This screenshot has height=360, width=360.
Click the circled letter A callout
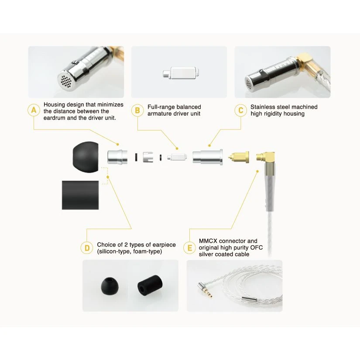[x=34, y=110]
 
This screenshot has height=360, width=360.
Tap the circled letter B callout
[x=137, y=110]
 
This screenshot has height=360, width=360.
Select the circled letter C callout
[x=240, y=110]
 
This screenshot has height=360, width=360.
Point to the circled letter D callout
[x=87, y=248]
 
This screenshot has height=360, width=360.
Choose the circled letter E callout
[x=190, y=248]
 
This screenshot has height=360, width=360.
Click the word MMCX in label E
[x=208, y=241]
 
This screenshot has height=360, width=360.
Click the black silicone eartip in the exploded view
[x=86, y=157]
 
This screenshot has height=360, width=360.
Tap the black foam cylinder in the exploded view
[x=80, y=195]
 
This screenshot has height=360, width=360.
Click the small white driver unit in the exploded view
[x=177, y=157]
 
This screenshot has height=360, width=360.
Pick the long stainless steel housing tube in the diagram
[x=208, y=157]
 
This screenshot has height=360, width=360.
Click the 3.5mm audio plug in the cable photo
[x=205, y=290]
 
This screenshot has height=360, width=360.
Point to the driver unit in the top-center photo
[x=181, y=73]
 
